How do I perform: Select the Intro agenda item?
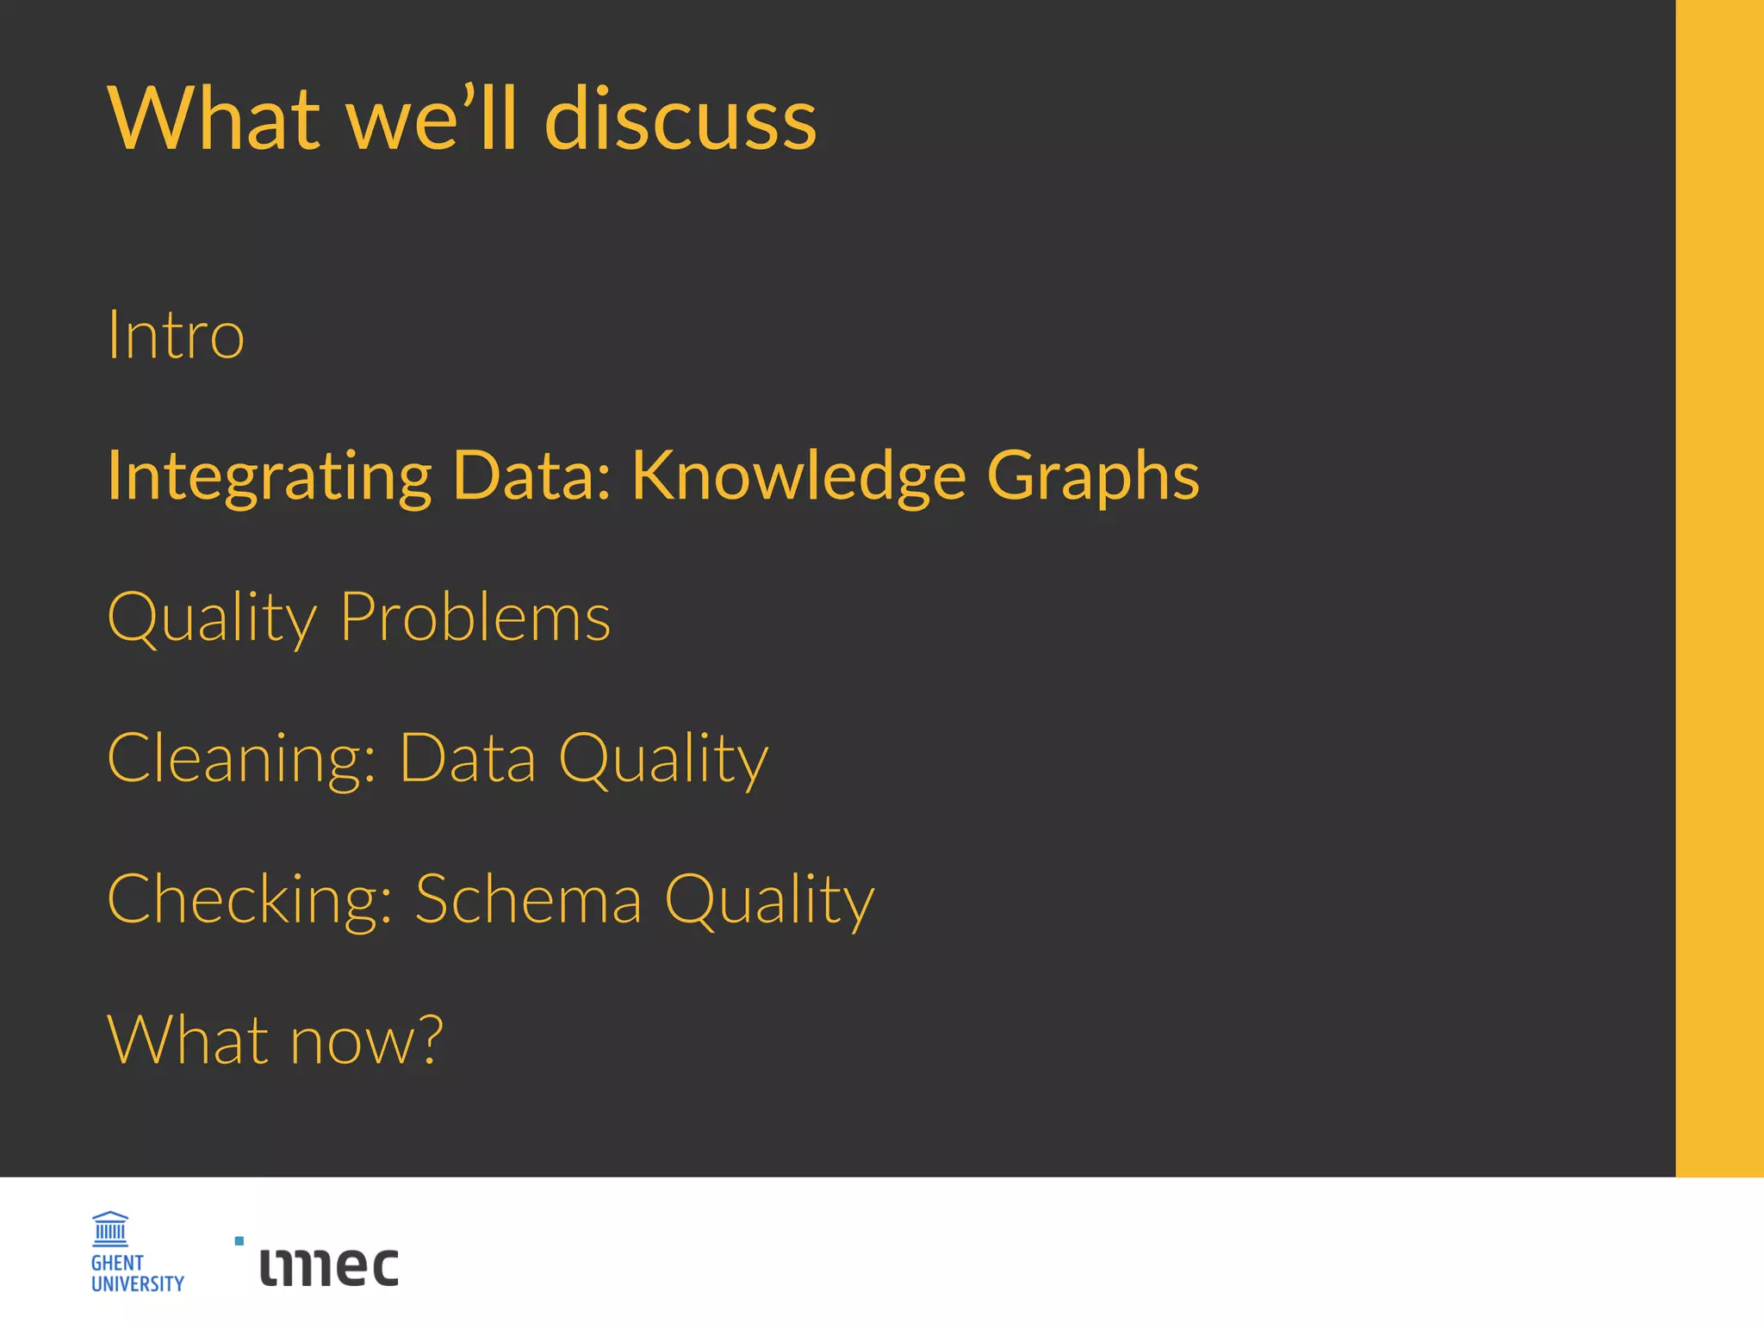pos(176,334)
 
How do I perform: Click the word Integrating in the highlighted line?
pos(269,476)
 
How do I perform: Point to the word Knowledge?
pos(798,476)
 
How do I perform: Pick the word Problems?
pos(475,617)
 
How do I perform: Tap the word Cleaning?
pos(242,758)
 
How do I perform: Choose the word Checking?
pos(250,899)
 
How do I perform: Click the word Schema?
pos(528,899)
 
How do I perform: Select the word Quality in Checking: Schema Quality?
pos(769,899)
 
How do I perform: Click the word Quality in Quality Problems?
pos(212,617)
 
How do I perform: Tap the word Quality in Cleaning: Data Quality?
pos(663,758)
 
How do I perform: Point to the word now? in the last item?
pos(366,1040)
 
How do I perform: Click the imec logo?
pos(329,1266)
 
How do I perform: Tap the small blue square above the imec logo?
pos(239,1241)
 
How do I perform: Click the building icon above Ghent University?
pos(110,1229)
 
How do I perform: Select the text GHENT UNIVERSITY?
pos(137,1273)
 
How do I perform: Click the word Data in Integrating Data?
pos(531,476)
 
